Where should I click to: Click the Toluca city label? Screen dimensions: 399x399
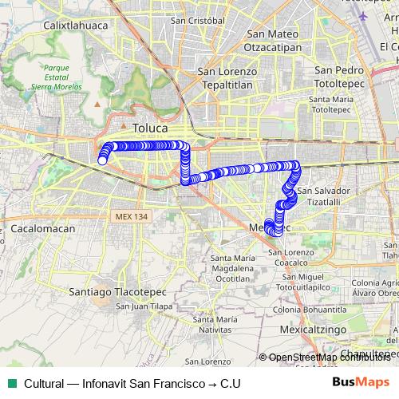150,128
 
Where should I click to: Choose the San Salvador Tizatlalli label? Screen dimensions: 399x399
323,196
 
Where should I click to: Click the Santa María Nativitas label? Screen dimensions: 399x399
215,324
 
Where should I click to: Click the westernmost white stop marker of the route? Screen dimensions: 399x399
102,160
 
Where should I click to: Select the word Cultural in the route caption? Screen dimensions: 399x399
43,384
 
